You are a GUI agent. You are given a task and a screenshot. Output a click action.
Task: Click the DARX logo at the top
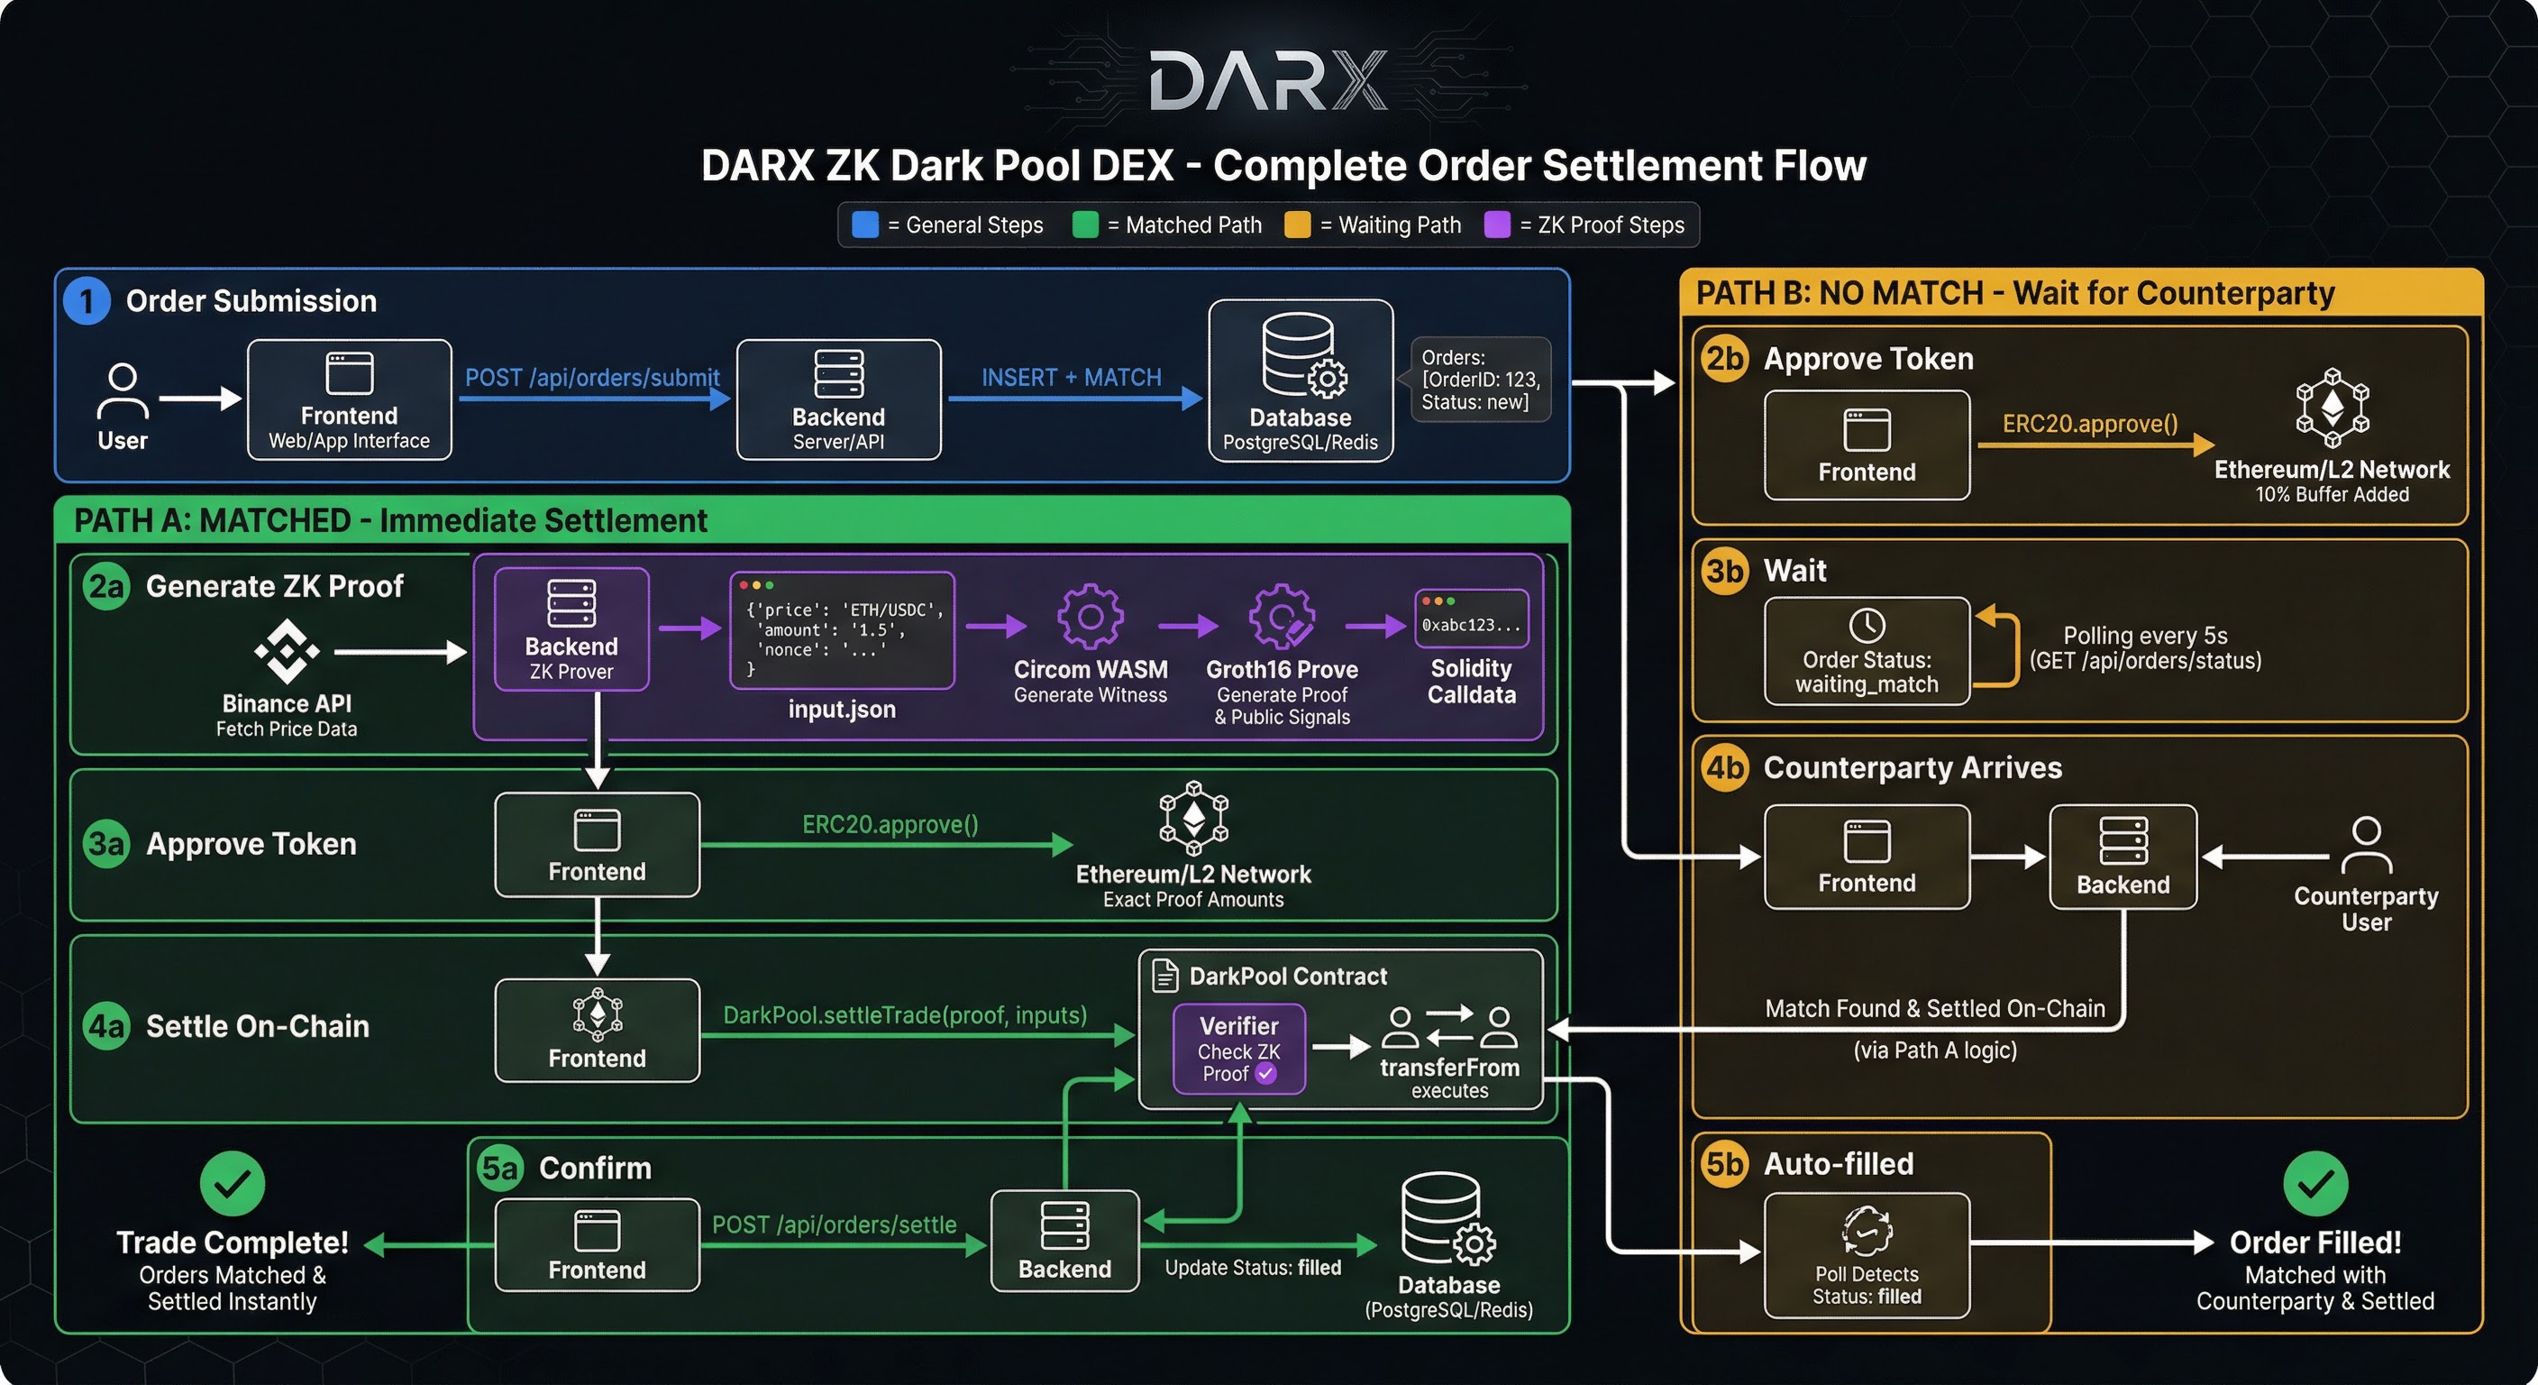(x=1268, y=81)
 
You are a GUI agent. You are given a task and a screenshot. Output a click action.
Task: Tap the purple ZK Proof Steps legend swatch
(x=1497, y=225)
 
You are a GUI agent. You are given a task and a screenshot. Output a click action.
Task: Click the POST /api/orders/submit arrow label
(x=592, y=378)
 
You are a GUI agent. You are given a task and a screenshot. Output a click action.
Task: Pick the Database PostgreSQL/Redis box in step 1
(x=1300, y=381)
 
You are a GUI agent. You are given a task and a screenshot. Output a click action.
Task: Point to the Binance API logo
(x=287, y=652)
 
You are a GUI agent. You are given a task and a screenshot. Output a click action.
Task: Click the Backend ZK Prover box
(x=571, y=628)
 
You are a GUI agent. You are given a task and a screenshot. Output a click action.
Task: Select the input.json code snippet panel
(x=842, y=630)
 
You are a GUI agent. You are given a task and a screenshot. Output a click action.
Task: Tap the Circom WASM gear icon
(x=1090, y=616)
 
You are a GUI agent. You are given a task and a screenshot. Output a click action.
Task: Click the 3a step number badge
(x=106, y=844)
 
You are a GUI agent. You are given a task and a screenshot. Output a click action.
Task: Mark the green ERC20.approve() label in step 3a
(x=890, y=824)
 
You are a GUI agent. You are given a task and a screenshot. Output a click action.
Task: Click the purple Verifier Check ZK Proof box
(x=1238, y=1049)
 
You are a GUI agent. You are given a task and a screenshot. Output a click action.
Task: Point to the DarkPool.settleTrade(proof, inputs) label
(x=905, y=1014)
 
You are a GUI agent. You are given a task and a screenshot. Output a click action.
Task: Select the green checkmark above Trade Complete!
(x=233, y=1183)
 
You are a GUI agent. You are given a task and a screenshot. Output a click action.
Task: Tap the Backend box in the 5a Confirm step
(x=1064, y=1241)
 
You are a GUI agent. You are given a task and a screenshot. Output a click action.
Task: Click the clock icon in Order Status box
(x=1866, y=625)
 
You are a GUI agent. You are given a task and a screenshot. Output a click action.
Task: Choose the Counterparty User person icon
(x=2366, y=846)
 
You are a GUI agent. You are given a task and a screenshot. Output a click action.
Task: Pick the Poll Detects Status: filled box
(x=1866, y=1255)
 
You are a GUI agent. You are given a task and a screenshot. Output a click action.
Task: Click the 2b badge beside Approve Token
(x=1724, y=359)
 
